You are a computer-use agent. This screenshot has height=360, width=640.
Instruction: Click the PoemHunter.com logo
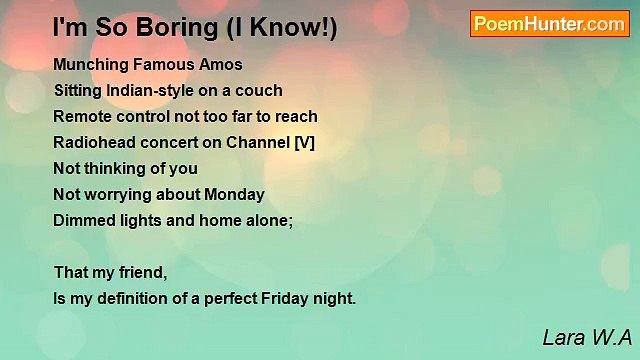coord(549,24)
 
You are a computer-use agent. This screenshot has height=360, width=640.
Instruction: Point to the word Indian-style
coord(159,90)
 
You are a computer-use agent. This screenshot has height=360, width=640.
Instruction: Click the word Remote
coord(81,116)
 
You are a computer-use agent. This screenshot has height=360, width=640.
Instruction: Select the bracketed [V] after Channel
coord(304,142)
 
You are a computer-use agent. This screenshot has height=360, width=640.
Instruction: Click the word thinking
coord(118,168)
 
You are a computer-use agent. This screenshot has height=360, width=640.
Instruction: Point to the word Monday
coord(232,194)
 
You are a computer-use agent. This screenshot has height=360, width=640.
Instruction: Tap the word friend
coord(143,272)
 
